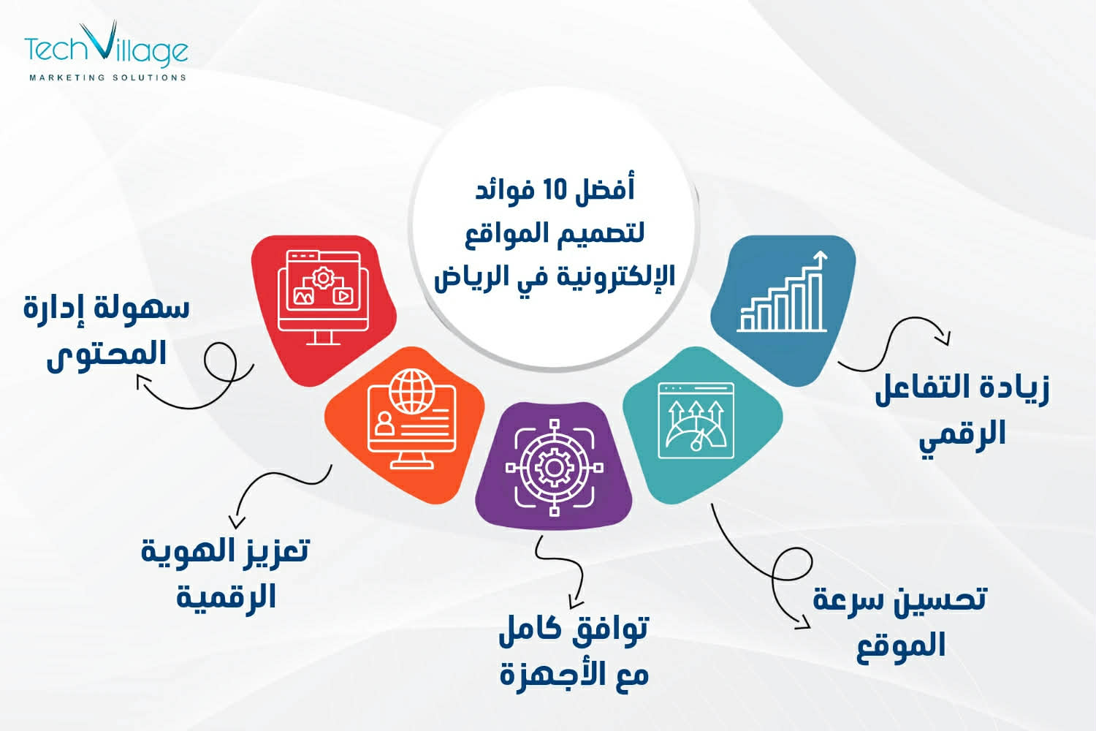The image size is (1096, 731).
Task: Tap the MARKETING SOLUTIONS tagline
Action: (107, 77)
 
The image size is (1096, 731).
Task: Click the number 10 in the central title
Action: (555, 190)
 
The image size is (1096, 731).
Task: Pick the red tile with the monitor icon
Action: (323, 308)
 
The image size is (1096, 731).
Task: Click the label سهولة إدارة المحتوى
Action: (107, 330)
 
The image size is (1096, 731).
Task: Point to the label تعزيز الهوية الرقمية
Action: (225, 573)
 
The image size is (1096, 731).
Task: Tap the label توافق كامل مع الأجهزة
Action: (574, 651)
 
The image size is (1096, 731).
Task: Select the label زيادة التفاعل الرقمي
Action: (962, 410)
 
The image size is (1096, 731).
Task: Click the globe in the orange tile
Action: (411, 391)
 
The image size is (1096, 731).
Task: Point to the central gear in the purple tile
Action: (554, 468)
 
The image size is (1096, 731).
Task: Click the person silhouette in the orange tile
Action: (384, 423)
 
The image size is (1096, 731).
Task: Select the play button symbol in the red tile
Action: (343, 296)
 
